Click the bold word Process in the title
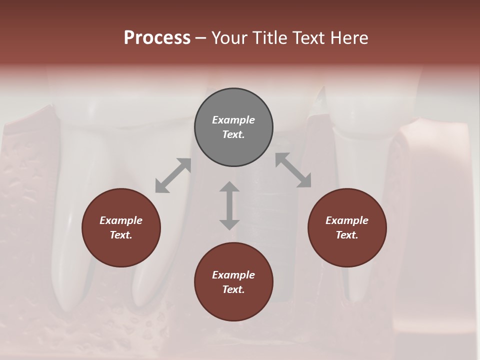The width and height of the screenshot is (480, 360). (x=157, y=38)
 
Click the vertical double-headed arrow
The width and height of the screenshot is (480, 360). (x=229, y=205)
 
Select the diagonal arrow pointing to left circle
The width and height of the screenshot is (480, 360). (x=173, y=175)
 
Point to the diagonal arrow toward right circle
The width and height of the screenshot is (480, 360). (x=293, y=170)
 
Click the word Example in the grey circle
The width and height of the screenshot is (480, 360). (x=233, y=120)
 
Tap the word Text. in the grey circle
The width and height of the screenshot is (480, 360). (x=233, y=134)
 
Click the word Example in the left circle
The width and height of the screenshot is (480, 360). (x=121, y=220)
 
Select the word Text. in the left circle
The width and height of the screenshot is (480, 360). (x=121, y=235)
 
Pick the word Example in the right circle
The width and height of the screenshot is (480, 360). (x=347, y=220)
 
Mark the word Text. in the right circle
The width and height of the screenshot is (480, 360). (x=347, y=235)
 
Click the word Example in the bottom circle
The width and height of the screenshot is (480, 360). (x=233, y=275)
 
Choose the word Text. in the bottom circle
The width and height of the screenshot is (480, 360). (x=233, y=289)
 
